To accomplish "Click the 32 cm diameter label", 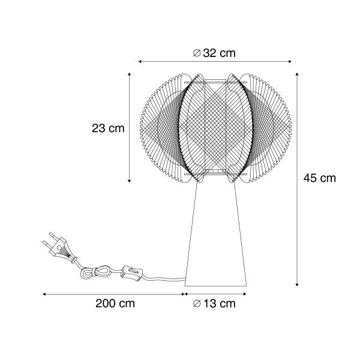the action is pos(214,53).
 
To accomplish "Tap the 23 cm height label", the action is pos(108,128).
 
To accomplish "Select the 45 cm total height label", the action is pos(319,178).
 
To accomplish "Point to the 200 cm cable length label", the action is pos(115,304).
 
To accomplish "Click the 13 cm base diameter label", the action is pos(214,304).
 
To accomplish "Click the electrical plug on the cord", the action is pos(59,247).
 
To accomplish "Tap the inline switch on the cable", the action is pos(132,272).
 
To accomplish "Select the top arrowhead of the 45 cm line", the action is pos(297,74).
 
